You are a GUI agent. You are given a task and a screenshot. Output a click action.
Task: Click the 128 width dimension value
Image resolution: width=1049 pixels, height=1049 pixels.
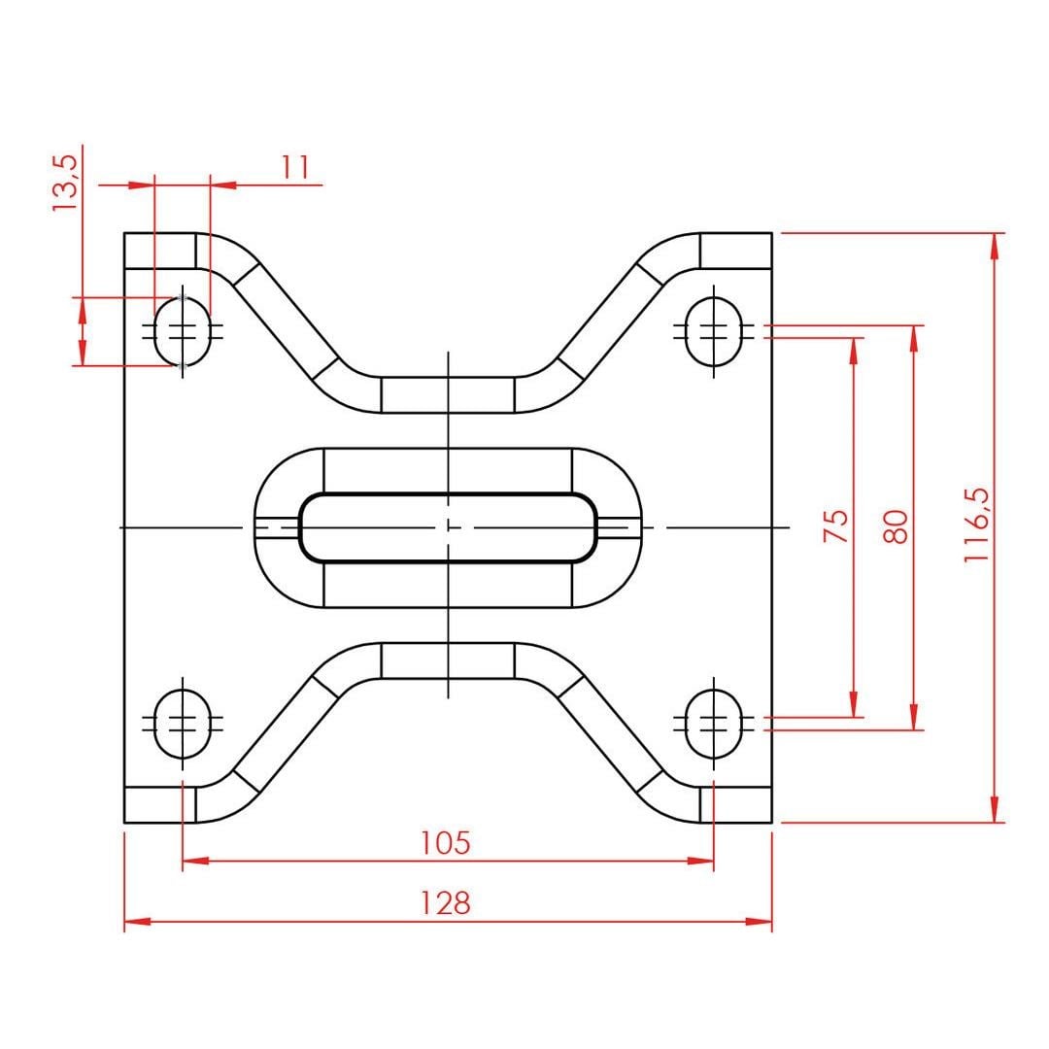pos(445,902)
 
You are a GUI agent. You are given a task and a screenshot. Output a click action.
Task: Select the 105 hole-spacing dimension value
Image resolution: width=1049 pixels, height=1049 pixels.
pos(445,842)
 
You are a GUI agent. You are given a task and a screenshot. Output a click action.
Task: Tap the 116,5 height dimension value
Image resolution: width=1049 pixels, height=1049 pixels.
pos(977,524)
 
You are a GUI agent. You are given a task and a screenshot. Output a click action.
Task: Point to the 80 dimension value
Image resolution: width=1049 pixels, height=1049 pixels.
pos(897,525)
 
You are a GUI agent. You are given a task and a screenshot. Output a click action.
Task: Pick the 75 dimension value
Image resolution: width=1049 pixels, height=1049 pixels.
pos(836,525)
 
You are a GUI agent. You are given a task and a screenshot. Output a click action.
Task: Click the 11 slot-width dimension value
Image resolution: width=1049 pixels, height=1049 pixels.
pos(295,167)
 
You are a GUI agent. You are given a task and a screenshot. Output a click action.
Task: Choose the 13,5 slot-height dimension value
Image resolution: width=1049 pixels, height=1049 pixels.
pos(66,183)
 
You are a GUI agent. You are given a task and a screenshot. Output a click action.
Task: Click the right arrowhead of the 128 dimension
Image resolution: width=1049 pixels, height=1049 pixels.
pos(759,921)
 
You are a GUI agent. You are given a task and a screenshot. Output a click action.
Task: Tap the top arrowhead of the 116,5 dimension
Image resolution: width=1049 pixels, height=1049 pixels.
pos(995,247)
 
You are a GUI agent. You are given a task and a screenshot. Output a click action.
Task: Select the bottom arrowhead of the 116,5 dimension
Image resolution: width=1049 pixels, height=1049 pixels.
pos(995,809)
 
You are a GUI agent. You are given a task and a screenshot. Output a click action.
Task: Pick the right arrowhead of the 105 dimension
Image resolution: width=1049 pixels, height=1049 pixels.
pos(700,861)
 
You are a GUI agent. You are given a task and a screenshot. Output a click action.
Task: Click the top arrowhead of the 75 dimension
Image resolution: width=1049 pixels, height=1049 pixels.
pos(854,352)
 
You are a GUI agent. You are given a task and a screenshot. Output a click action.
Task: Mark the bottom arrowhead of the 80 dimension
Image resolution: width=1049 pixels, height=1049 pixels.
pos(915,717)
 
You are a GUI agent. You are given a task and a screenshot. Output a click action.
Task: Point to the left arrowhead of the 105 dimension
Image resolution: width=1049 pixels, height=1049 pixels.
pos(196,861)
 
